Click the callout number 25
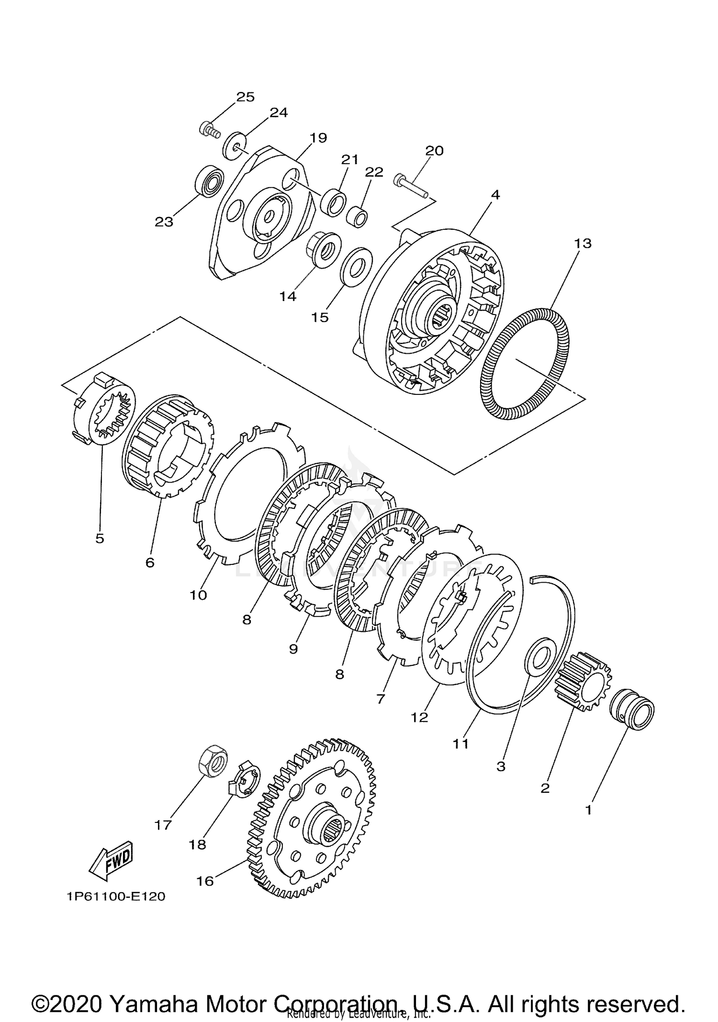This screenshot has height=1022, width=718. [245, 97]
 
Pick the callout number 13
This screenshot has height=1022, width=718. [583, 243]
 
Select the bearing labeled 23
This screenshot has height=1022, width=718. [209, 181]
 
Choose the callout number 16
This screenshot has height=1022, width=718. [205, 881]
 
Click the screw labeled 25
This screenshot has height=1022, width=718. [209, 128]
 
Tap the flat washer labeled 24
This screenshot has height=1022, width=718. [235, 146]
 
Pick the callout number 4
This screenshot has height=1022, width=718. [495, 195]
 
